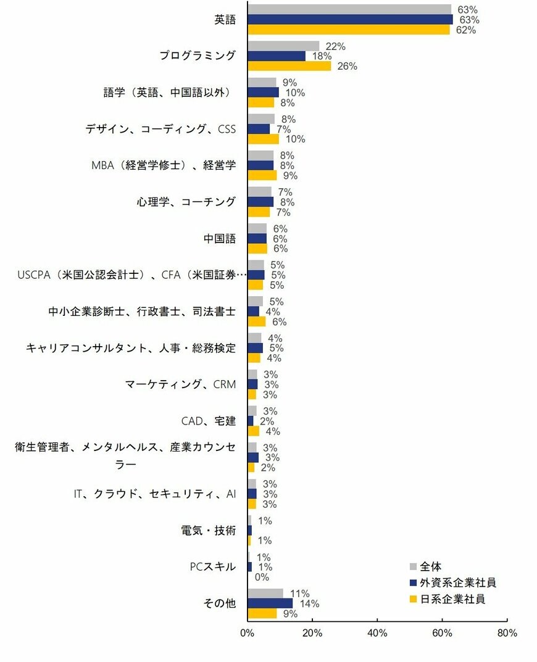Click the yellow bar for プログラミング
click(289, 66)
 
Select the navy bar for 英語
click(349, 20)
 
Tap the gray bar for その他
click(265, 594)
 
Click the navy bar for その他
click(270, 603)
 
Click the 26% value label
click(348, 67)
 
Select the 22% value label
click(335, 46)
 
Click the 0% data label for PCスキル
click(262, 577)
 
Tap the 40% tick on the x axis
click(377, 633)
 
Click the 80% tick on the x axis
click(507, 633)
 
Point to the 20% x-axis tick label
click(312, 633)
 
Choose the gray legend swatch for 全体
click(414, 566)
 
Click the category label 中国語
click(219, 238)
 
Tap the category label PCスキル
click(212, 566)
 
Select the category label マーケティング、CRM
click(180, 384)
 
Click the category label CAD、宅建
click(208, 421)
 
